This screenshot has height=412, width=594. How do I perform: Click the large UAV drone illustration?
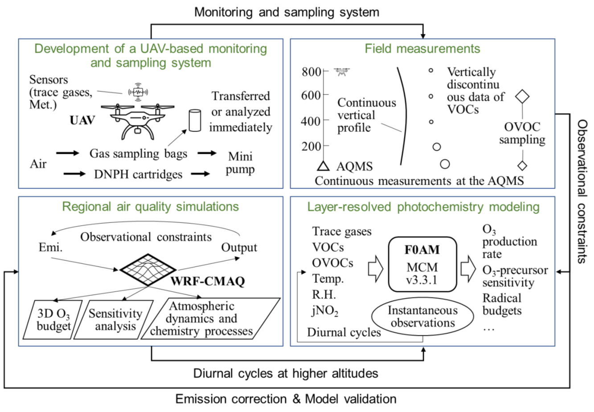click(137, 121)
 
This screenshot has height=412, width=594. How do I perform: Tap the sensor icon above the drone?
click(138, 92)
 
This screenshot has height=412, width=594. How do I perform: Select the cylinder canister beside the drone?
click(195, 120)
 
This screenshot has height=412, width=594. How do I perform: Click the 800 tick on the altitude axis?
click(326, 71)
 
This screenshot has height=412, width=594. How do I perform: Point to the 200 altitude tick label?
click(311, 146)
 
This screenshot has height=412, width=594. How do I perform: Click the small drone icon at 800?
click(342, 72)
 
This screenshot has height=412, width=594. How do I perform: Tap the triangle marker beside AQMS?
click(323, 166)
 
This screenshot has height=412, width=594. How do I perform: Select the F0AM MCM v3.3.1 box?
click(422, 264)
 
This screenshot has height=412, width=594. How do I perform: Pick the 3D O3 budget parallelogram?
click(53, 320)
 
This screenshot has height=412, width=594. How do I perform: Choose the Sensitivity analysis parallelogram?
click(114, 320)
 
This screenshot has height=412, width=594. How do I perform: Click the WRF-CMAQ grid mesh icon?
click(148, 270)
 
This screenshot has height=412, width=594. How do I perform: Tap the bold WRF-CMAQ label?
click(208, 281)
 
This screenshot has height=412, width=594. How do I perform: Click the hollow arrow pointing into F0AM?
click(376, 269)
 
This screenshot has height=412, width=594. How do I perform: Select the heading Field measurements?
click(422, 49)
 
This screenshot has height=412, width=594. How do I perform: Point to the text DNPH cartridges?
click(138, 174)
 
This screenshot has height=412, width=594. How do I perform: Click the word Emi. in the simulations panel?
click(50, 247)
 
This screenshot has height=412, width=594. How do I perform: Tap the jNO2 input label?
click(325, 311)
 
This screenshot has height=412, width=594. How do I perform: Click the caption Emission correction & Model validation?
click(286, 399)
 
